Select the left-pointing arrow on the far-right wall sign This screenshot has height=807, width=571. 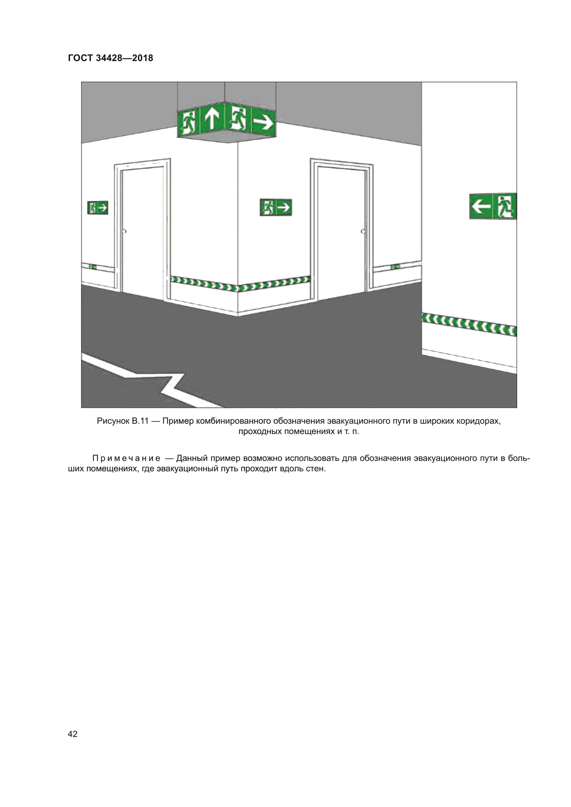tap(481, 206)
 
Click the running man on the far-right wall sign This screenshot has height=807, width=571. tap(505, 206)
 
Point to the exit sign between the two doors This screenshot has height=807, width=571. tap(275, 207)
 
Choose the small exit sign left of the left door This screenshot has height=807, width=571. tap(98, 208)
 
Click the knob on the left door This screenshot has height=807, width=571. tap(124, 231)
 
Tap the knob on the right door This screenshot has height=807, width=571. tap(363, 231)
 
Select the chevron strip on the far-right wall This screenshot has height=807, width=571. tap(469, 324)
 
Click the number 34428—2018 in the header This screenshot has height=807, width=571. tap(125, 58)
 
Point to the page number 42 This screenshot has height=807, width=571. tap(73, 734)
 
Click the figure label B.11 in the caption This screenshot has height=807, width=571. tap(140, 421)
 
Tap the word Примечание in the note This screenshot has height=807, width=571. tap(127, 458)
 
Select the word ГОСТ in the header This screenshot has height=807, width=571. tap(80, 58)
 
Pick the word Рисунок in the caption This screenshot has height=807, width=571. tap(113, 421)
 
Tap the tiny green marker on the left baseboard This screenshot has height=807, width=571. tap(93, 267)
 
